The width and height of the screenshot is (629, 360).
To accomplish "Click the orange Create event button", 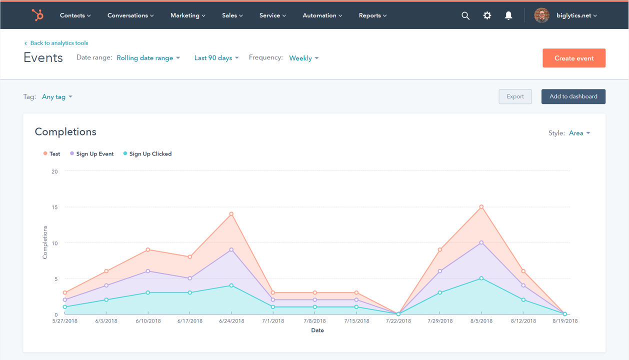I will pyautogui.click(x=573, y=58).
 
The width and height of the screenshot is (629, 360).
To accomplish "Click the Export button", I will pyautogui.click(x=515, y=96).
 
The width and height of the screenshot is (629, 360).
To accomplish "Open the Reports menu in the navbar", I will pyautogui.click(x=372, y=15).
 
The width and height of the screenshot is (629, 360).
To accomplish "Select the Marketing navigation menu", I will pyautogui.click(x=187, y=15).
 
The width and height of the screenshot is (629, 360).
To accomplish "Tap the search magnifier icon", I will pyautogui.click(x=465, y=15).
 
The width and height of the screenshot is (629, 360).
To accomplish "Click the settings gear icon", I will pyautogui.click(x=487, y=15).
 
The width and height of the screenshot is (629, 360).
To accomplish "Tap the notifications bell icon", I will pyautogui.click(x=508, y=15).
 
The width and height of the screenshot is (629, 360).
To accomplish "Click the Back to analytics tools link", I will pyautogui.click(x=59, y=43).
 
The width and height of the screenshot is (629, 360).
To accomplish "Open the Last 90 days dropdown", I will pyautogui.click(x=216, y=58).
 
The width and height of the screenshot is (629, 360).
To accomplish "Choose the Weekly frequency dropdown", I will pyautogui.click(x=303, y=58).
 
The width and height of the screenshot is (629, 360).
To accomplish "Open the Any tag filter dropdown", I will pyautogui.click(x=57, y=96).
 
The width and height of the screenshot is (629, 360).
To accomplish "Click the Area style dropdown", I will pyautogui.click(x=579, y=133).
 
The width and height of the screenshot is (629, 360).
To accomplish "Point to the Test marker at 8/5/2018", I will pyautogui.click(x=481, y=206).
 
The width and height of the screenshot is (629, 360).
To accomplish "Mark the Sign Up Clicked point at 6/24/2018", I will pyautogui.click(x=231, y=285).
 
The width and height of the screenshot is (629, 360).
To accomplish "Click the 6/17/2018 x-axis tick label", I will pyautogui.click(x=190, y=321).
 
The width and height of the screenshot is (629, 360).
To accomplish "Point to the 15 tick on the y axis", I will pyautogui.click(x=54, y=207).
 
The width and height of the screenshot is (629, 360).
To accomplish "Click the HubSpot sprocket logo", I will pyautogui.click(x=37, y=15).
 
